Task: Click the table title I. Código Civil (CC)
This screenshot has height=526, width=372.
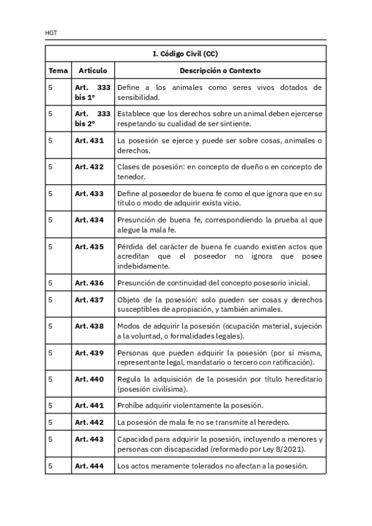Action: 185,54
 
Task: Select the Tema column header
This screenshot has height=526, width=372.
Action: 58,71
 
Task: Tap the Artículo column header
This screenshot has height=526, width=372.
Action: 92,71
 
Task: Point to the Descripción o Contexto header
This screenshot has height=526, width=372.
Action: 220,71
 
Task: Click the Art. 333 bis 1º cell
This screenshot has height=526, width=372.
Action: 92,92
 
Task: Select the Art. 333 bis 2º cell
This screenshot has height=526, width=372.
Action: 92,118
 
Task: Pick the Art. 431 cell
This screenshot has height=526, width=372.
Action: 89,141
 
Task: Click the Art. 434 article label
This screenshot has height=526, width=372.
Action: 89,220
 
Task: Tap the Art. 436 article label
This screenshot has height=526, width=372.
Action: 89,283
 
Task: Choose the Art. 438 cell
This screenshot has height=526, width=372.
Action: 89,326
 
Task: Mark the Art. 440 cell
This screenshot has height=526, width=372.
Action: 89,379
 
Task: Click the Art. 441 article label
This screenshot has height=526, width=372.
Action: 89,406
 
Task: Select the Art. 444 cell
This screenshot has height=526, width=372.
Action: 89,466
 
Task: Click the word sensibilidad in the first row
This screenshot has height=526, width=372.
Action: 138,97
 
